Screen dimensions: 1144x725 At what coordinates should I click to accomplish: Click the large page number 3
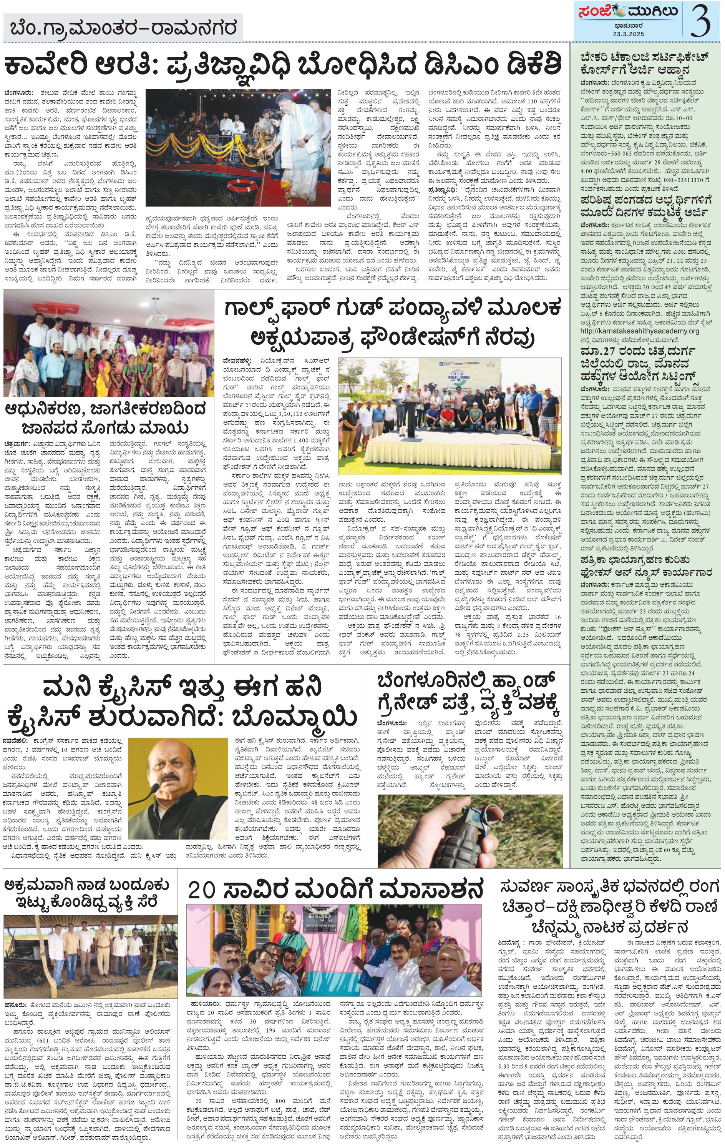pyautogui.click(x=700, y=20)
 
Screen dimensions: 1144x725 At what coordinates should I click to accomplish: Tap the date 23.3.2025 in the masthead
pyautogui.click(x=628, y=34)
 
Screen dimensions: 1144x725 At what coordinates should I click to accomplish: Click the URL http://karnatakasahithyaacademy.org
pyautogui.click(x=640, y=331)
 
